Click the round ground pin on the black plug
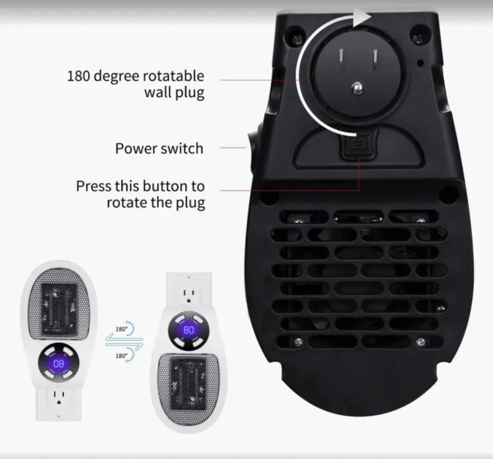(357, 88)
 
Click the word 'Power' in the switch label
(137, 148)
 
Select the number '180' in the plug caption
(78, 76)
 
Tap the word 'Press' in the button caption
(94, 186)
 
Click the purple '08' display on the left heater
(59, 364)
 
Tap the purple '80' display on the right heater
(189, 330)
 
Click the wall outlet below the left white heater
(59, 397)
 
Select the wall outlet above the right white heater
(189, 295)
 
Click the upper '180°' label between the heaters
(121, 329)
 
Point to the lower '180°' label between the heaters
(121, 356)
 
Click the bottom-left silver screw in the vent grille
(298, 341)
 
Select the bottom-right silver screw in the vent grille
(420, 341)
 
